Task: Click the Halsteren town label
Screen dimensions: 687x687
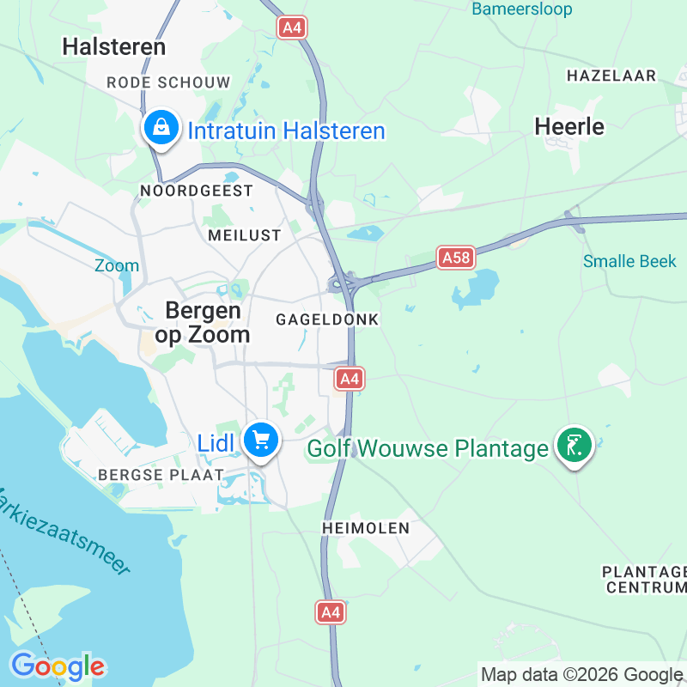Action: coord(114,46)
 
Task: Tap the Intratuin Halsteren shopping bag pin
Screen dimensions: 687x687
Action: coord(160,128)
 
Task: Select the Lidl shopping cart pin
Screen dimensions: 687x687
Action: coord(260,441)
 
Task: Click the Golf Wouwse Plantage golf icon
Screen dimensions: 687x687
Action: coord(574,445)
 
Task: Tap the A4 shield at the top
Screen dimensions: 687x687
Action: coord(292,27)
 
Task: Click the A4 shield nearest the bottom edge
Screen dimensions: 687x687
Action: coord(331,611)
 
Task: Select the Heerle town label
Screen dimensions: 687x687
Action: coord(569,126)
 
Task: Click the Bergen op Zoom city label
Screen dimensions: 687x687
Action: coord(203,322)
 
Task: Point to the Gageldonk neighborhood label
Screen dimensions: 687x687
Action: coord(327,319)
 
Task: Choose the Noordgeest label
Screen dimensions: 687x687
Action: coord(197,191)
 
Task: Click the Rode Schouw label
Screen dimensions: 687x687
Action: coord(168,82)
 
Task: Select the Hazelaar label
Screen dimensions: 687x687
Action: coord(611,76)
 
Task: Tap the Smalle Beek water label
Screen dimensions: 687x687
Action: coord(629,261)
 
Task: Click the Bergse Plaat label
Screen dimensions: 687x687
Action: coord(161,474)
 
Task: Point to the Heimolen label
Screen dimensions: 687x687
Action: coord(366,527)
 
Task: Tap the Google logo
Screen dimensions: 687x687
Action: coord(58,666)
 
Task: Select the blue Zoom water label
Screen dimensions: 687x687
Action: coord(117,265)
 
